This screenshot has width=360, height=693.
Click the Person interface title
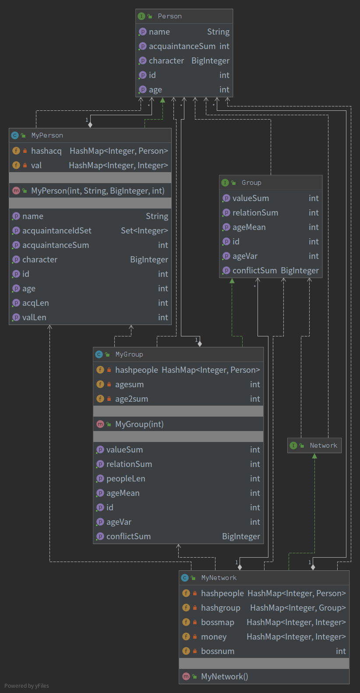[169, 16]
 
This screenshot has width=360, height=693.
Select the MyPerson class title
[47, 135]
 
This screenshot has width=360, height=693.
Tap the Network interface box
[314, 445]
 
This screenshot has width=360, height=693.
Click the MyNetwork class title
[219, 578]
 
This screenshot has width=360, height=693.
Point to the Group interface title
[251, 183]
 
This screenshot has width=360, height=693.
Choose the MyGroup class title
[129, 354]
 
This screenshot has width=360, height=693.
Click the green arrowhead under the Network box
[314, 456]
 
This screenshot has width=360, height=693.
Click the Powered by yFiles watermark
[27, 686]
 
